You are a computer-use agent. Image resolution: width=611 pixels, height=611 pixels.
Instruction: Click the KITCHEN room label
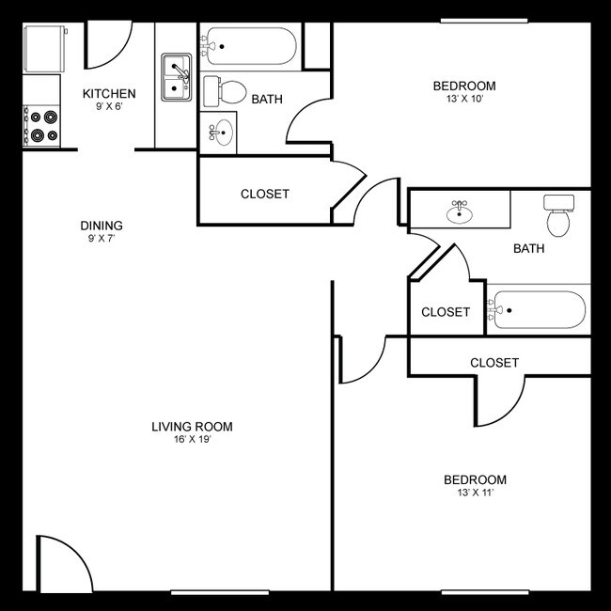[109, 93]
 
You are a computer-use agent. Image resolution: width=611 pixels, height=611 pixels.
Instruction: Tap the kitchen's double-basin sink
[176, 78]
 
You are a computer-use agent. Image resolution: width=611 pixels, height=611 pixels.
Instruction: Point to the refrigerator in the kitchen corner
[44, 49]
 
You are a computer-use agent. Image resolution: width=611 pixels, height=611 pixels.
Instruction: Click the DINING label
[102, 226]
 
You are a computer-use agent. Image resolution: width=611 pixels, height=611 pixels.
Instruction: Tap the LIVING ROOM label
[192, 427]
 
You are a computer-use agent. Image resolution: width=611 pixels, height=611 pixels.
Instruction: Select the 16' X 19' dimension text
[192, 440]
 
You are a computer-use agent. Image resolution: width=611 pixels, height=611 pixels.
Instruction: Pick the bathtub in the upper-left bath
[251, 46]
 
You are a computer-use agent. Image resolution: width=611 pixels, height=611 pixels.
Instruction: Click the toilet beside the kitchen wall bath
[226, 92]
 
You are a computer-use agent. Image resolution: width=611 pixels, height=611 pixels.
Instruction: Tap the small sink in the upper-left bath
[220, 132]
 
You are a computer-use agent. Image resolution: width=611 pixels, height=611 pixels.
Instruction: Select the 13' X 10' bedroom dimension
[464, 98]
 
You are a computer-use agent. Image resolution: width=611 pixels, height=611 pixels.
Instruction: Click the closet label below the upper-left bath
[265, 195]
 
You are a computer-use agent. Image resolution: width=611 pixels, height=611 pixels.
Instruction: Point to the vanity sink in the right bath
[460, 211]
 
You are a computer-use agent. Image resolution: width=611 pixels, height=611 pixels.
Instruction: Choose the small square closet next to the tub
[446, 312]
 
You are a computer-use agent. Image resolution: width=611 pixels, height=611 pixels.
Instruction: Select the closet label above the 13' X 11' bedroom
[494, 362]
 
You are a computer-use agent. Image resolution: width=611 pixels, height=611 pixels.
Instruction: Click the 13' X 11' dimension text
[475, 493]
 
